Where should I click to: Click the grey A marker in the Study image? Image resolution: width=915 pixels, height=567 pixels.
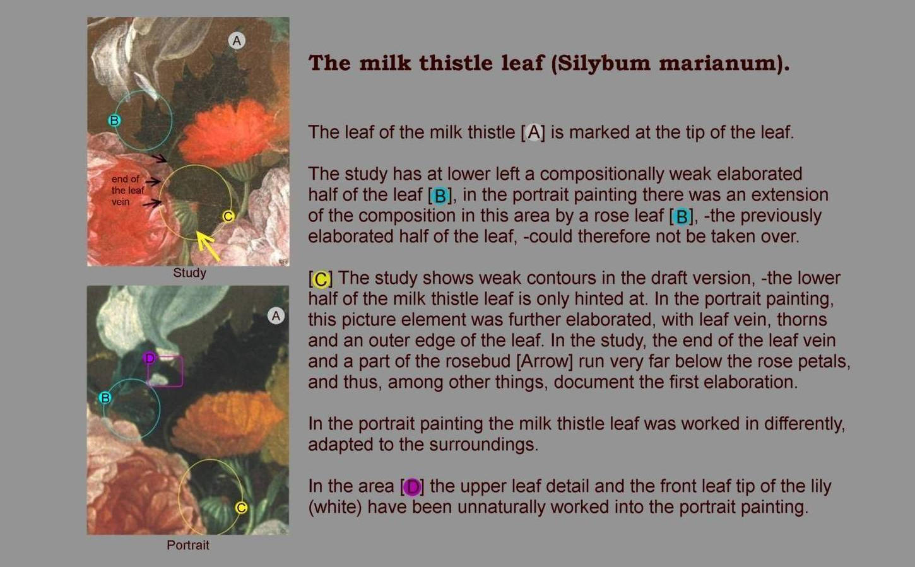point(237,41)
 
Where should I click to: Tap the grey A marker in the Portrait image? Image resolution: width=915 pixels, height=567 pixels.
point(276,316)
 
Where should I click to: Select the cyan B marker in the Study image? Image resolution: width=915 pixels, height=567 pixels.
point(114,120)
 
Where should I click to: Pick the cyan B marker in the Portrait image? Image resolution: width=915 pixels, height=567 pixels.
point(105,397)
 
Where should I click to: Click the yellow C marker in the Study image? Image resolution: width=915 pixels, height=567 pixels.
point(228,216)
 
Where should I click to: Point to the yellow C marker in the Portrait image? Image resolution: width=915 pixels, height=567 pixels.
point(242,508)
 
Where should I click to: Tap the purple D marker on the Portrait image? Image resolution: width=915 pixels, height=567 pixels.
point(150,358)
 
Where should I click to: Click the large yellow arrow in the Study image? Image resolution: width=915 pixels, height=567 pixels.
point(208,245)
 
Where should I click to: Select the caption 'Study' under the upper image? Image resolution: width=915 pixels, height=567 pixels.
point(189,272)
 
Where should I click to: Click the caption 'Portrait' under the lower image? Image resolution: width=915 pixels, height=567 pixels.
point(188,545)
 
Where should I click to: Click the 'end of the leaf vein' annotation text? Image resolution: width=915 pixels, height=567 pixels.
point(128,190)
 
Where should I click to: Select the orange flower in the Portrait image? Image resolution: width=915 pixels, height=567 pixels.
point(228,423)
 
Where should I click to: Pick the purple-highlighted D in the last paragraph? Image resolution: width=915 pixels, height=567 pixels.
point(412,487)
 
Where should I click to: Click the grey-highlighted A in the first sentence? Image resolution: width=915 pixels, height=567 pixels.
point(533,132)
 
